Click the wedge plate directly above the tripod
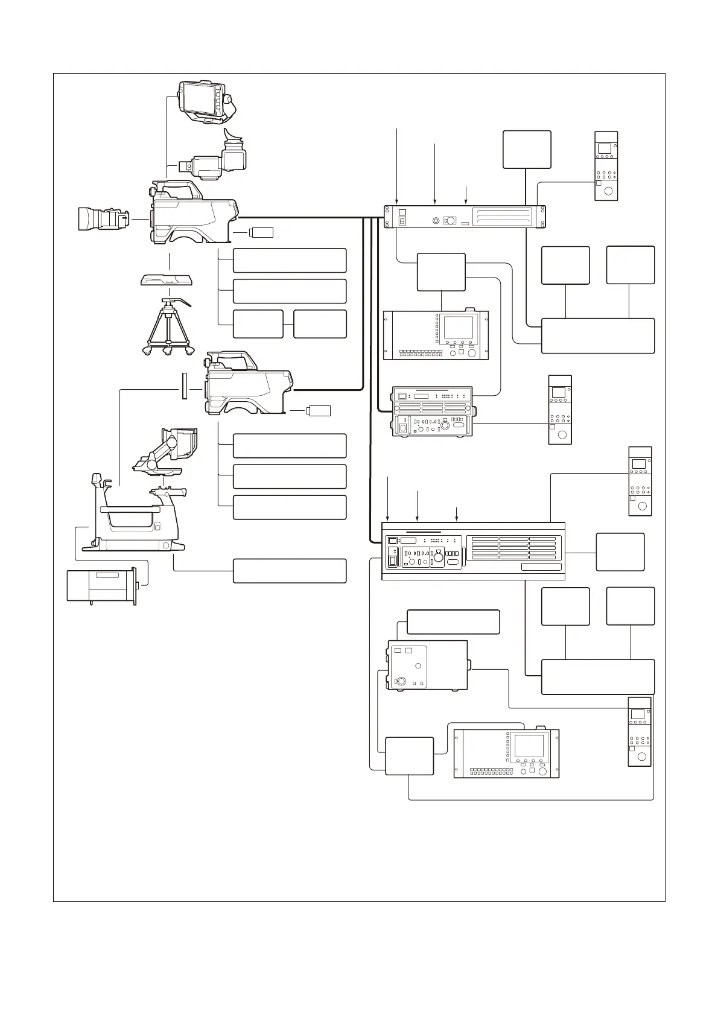pos(166,280)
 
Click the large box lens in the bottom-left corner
pos(101,585)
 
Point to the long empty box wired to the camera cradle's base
pos(289,570)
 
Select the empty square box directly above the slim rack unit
pos(526,149)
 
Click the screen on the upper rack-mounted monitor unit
pos(459,327)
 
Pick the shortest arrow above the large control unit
pos(456,513)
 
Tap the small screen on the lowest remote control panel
pos(638,714)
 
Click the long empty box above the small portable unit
pos(453,621)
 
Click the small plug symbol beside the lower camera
pos(319,411)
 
